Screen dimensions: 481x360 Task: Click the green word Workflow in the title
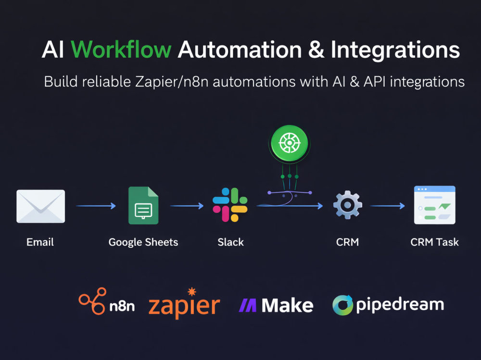pos(121,50)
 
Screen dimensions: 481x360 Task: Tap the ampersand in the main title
pos(316,50)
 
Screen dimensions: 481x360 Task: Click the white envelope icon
pos(40,206)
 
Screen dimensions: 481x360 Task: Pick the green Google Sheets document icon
pos(143,205)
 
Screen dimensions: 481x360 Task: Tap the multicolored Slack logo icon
pos(230,205)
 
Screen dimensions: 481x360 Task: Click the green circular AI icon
pos(289,143)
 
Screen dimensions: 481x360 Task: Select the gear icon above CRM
pos(348,205)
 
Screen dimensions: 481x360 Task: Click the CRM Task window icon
pos(435,205)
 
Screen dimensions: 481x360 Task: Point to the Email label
pos(40,242)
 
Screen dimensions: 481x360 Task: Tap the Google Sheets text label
pos(143,242)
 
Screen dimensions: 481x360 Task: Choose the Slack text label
pos(231,242)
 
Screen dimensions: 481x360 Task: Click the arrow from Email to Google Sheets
pos(96,206)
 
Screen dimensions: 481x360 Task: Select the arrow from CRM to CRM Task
pos(388,206)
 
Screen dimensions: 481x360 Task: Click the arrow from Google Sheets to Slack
pos(187,206)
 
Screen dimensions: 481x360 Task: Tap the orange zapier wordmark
pos(184,304)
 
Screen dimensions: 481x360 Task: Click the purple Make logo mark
pos(248,305)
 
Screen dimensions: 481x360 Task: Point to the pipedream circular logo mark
pos(342,305)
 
